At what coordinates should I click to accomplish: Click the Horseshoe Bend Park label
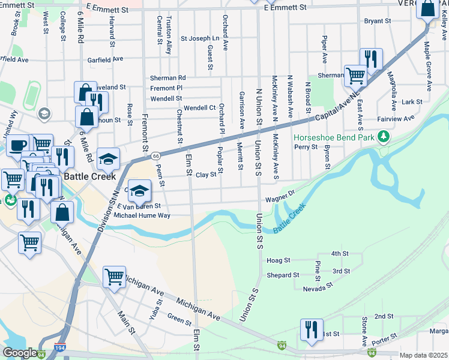(x=333, y=137)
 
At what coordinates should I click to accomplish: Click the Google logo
(x=20, y=352)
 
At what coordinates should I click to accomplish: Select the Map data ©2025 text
(x=423, y=355)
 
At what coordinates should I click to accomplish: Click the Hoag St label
(x=279, y=261)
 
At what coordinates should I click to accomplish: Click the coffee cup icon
(x=18, y=145)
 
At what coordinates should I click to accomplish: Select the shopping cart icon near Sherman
(x=355, y=75)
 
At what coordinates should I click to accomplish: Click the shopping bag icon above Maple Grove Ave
(x=427, y=10)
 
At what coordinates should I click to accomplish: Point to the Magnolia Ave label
(x=391, y=92)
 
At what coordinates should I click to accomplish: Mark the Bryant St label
(x=378, y=21)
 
